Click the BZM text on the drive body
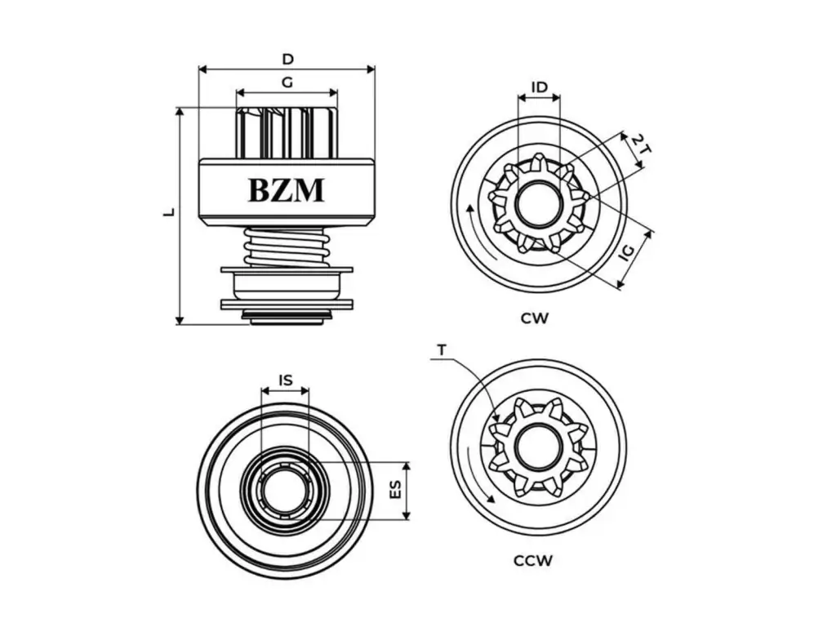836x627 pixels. tap(286, 189)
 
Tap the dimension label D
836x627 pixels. tap(287, 59)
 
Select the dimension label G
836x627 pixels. tap(287, 82)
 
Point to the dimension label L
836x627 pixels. tap(169, 211)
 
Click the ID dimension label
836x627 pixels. tap(539, 87)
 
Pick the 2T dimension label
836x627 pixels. tap(642, 146)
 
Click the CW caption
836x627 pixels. tap(535, 318)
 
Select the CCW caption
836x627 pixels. tap(533, 560)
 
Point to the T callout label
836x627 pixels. tap(442, 350)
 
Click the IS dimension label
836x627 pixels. tap(285, 380)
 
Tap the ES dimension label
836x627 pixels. tap(395, 489)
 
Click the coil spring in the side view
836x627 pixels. tap(287, 247)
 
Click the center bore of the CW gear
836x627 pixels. tap(538, 204)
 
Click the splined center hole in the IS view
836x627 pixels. tap(285, 490)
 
